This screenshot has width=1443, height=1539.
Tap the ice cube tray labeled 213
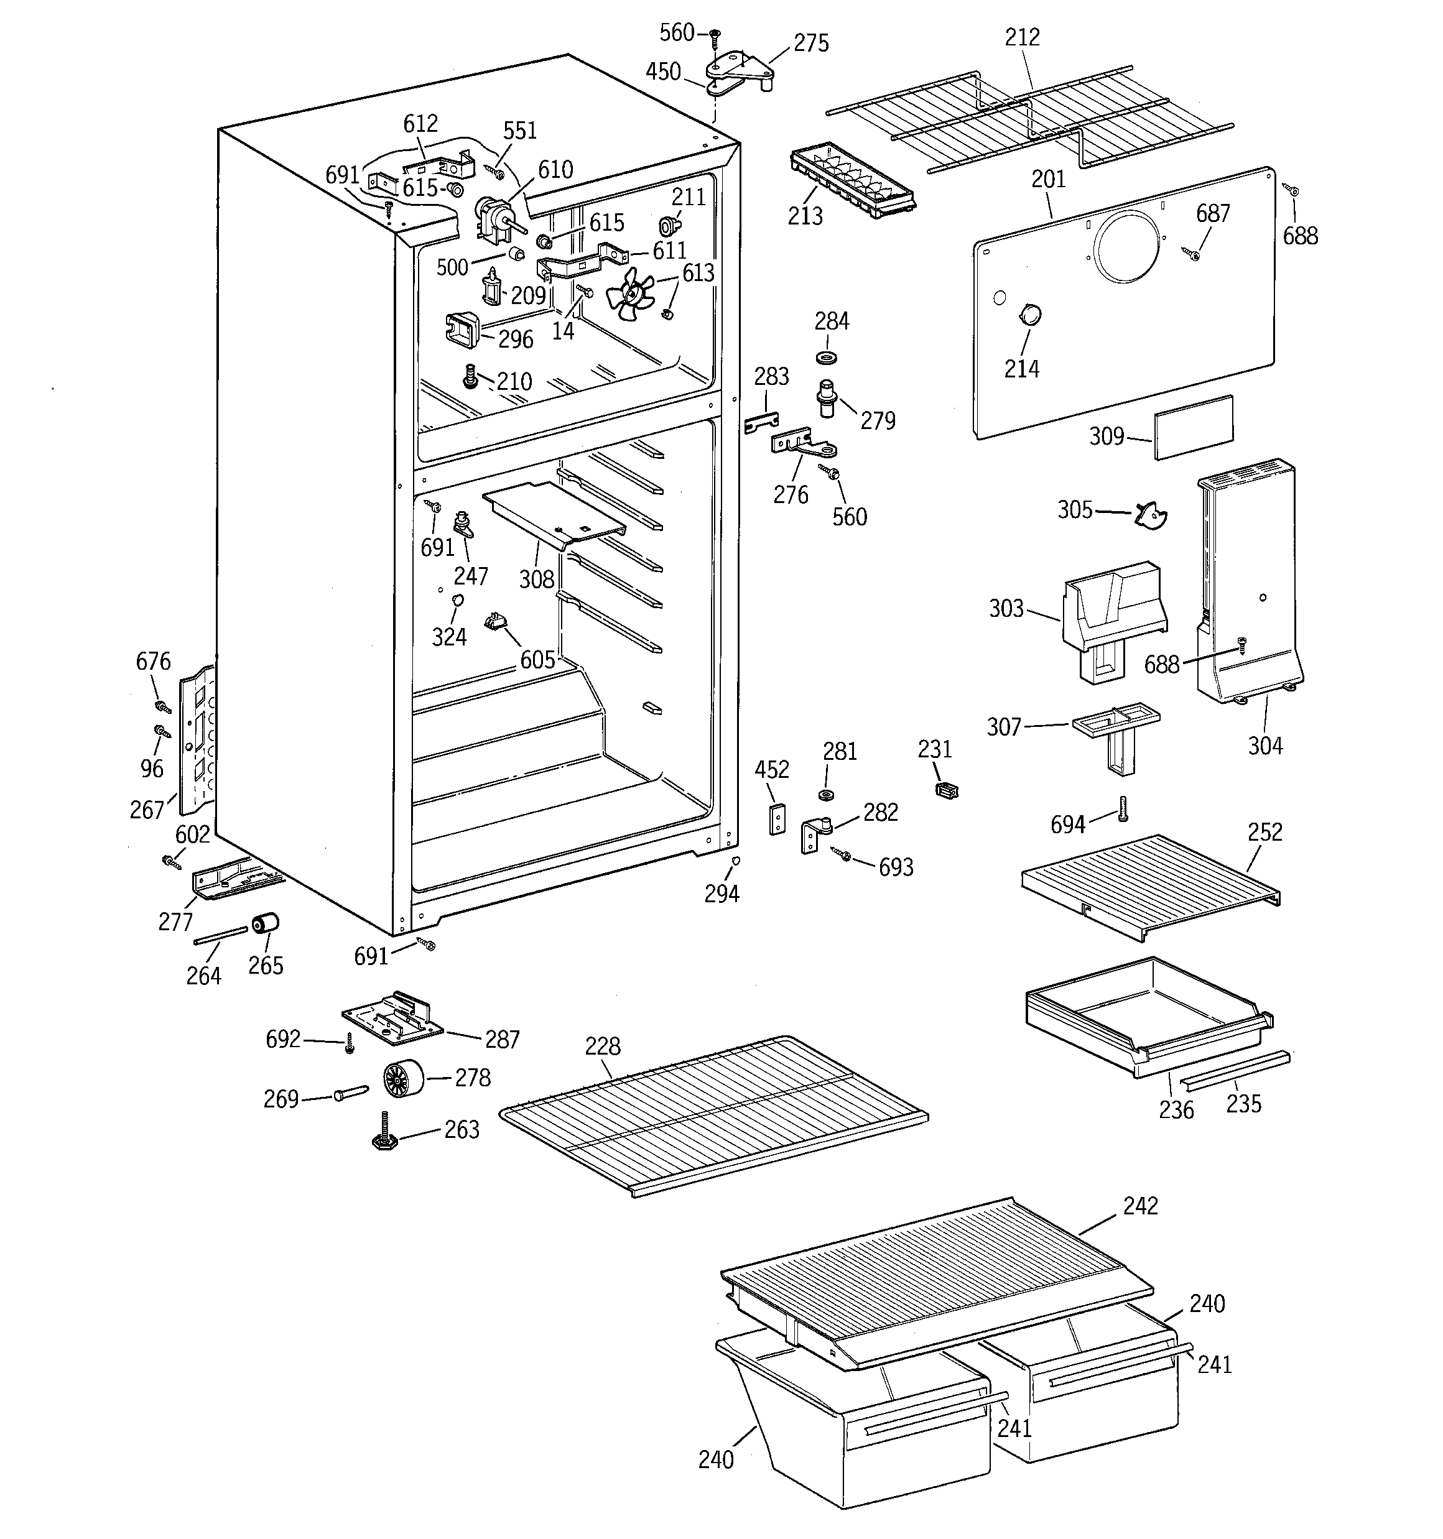[x=850, y=180]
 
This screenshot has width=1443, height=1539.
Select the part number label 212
[x=1022, y=37]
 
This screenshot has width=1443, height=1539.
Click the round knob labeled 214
[x=1029, y=315]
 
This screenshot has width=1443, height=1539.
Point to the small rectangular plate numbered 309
[x=1194, y=427]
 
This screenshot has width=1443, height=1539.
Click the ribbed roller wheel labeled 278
[x=404, y=1078]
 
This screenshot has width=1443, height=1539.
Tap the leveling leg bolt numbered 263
[x=385, y=1132]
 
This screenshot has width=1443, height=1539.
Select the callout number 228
[x=602, y=1047]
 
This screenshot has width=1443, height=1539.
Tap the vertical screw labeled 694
[x=1122, y=810]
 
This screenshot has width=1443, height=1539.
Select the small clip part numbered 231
[x=947, y=790]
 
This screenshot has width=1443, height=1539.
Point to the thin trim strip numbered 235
[x=1235, y=1071]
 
